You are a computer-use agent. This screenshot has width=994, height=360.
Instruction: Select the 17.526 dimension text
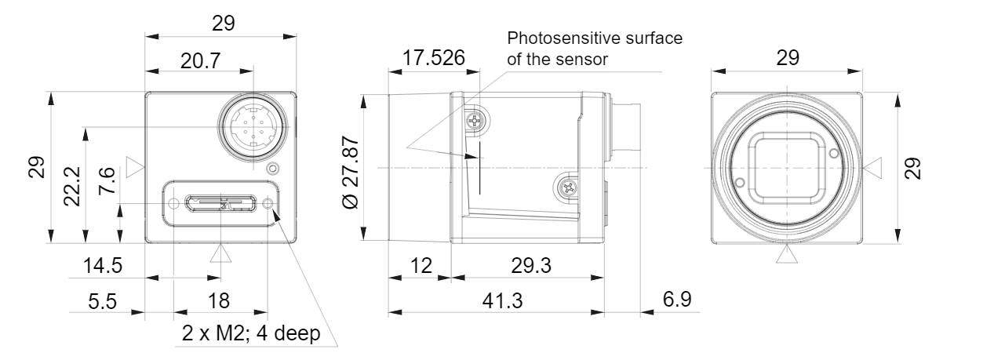pos(434,58)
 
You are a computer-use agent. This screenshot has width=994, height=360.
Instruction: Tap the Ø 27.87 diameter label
pos(351,170)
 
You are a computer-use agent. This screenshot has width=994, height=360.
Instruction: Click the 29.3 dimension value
pos(530,265)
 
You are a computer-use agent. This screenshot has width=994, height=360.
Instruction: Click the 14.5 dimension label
pos(103,265)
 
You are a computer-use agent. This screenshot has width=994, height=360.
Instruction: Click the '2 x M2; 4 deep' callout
pos(251,333)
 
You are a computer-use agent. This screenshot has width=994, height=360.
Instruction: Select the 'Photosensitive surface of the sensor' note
pos(595,47)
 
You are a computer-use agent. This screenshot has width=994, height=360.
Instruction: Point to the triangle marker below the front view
pos(786,254)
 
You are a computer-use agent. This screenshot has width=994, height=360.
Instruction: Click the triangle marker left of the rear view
pos(136,167)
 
